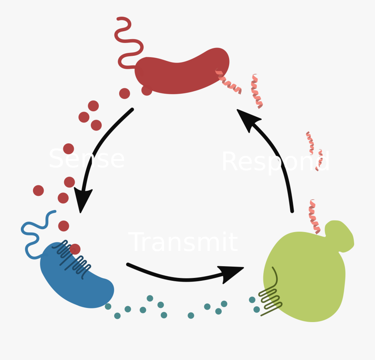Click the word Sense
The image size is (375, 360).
pyautogui.click(x=87, y=159)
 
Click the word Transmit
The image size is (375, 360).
pyautogui.click(x=183, y=242)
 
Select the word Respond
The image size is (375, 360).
pyautogui.click(x=275, y=162)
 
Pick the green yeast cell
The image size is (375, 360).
pyautogui.click(x=304, y=279)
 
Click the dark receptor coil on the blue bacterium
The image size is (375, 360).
pyautogui.click(x=71, y=256)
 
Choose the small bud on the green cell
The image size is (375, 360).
pyautogui.click(x=340, y=235)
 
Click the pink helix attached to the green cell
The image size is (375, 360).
pyautogui.click(x=314, y=217)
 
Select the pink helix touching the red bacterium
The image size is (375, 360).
pyautogui.click(x=228, y=82)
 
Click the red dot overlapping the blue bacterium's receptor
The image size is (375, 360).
pyautogui.click(x=75, y=249)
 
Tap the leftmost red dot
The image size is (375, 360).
pyautogui.click(x=38, y=190)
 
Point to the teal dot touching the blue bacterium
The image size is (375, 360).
pyautogui.click(x=108, y=306)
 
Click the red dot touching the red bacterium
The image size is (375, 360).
pyautogui.click(x=147, y=90)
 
